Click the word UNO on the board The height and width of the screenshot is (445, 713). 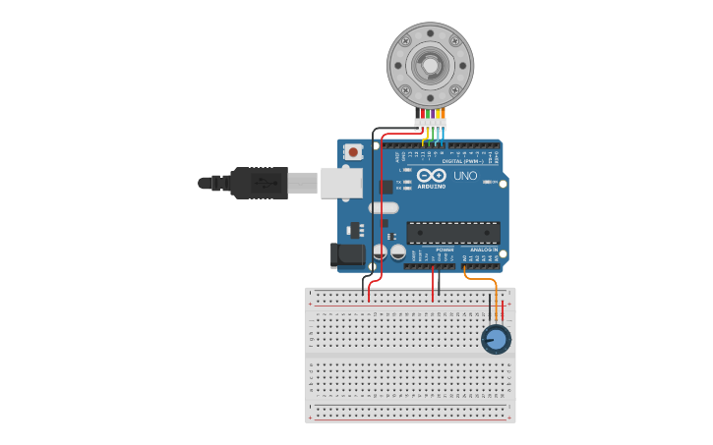465,176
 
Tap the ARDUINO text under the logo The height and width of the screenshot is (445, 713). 432,186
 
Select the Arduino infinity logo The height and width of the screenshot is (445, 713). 432,175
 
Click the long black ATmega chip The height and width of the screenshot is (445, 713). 453,233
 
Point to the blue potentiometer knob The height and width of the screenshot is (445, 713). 497,340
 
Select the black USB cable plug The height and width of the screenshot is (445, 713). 260,183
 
